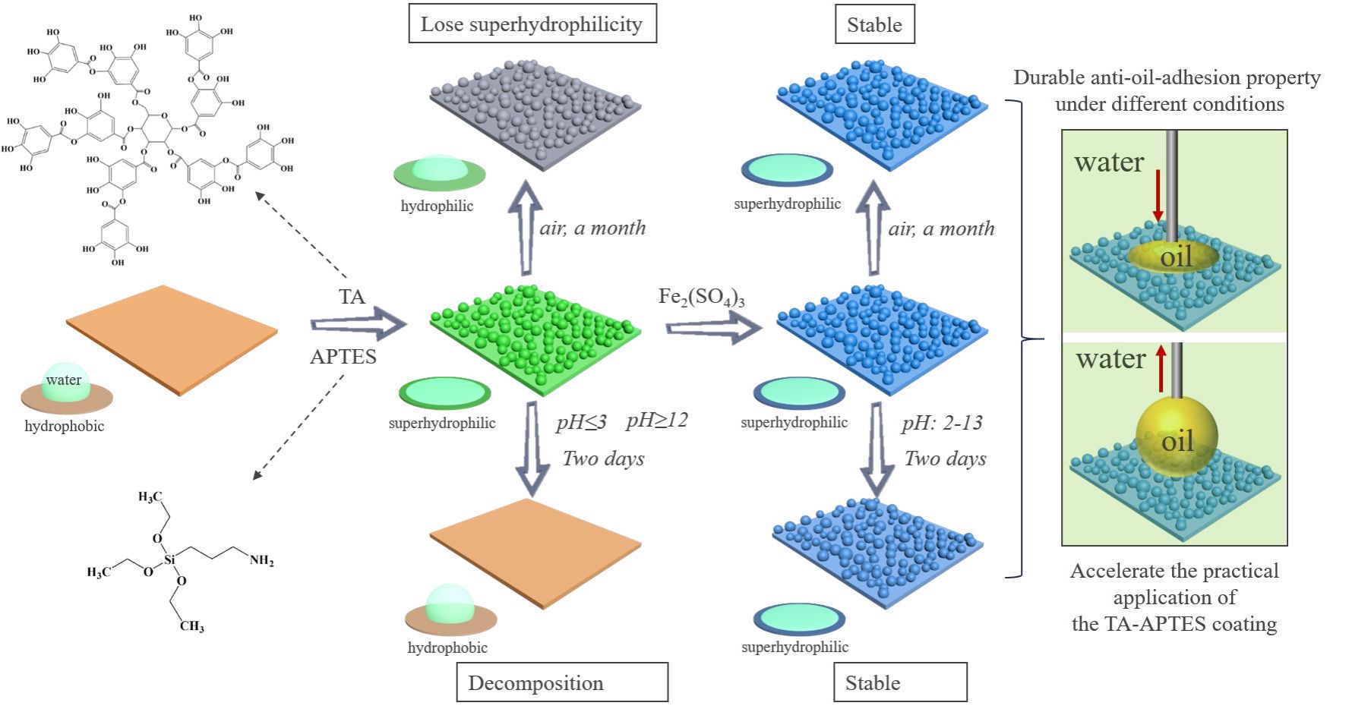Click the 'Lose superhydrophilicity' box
(532, 24)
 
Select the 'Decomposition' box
(562, 682)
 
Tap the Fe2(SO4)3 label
(701, 296)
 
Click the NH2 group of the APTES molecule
(261, 561)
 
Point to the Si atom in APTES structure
(169, 559)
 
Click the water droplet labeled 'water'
(65, 382)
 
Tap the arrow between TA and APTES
(358, 325)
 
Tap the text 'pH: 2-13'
(942, 423)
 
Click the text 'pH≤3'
(581, 422)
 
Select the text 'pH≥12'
(656, 421)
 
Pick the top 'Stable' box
(874, 24)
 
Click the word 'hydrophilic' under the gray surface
(437, 206)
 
